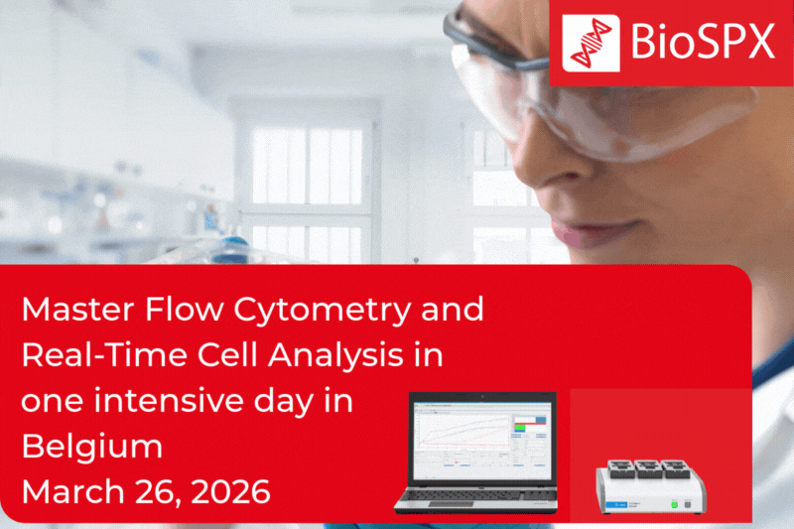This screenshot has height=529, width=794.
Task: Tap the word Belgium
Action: tap(92, 447)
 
